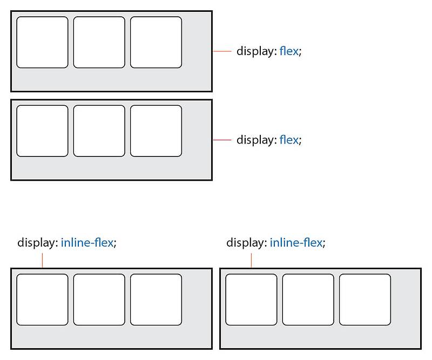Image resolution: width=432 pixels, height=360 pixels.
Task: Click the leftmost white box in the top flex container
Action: click(x=42, y=42)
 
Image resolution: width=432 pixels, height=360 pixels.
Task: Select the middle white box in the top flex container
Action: click(x=99, y=42)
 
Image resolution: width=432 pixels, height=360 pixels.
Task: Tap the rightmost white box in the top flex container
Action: click(x=156, y=42)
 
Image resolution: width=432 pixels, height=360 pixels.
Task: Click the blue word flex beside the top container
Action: click(x=288, y=52)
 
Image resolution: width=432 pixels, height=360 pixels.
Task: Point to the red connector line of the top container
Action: click(x=222, y=51)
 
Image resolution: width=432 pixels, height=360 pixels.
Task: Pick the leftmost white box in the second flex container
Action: click(x=42, y=131)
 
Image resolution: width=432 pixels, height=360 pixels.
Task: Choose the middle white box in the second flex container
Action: click(x=99, y=131)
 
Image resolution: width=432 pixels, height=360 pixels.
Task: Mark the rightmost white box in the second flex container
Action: click(x=156, y=131)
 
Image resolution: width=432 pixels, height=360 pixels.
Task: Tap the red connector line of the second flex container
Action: click(x=222, y=140)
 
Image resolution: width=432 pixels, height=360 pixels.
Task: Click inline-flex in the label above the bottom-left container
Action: click(x=87, y=243)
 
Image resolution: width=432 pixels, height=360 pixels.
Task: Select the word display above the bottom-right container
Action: click(x=246, y=243)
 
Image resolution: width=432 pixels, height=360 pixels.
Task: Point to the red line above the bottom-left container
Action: click(x=42, y=260)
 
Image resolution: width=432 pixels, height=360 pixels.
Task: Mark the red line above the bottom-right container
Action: click(x=251, y=260)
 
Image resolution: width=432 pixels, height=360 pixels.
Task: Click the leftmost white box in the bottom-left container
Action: click(x=42, y=300)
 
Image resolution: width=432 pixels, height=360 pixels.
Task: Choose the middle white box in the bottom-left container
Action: click(x=99, y=300)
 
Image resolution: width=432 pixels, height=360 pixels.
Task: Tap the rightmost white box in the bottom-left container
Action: click(x=156, y=300)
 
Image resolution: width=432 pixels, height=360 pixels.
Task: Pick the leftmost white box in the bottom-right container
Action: click(x=251, y=300)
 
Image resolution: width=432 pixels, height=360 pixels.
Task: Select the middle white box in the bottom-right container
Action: click(x=308, y=300)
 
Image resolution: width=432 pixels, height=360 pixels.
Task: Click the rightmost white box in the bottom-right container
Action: click(x=364, y=300)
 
